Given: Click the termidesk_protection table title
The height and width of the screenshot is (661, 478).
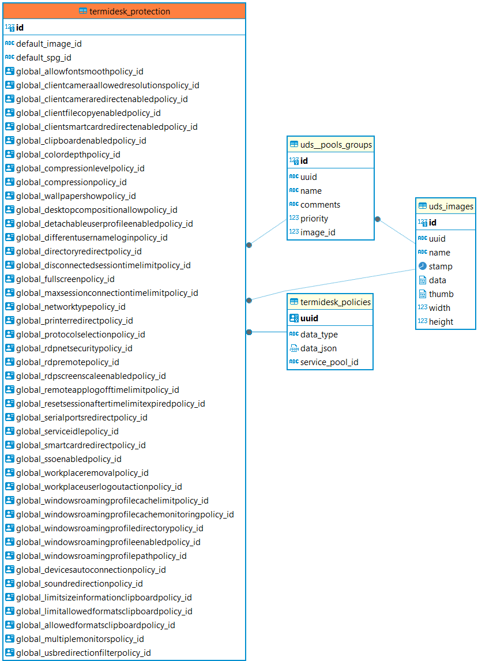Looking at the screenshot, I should (x=130, y=12).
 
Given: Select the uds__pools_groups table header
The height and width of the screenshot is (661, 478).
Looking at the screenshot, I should (x=336, y=145).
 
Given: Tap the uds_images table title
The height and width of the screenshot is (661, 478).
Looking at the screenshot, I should (x=451, y=206).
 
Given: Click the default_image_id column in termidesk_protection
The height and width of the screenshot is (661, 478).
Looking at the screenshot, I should (x=48, y=44).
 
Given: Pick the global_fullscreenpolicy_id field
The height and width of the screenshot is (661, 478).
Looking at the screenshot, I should (x=65, y=279).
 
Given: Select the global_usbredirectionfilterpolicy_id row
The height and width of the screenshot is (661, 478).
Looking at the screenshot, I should (x=83, y=653).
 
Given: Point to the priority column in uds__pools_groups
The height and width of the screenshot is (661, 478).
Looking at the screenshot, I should (x=314, y=219).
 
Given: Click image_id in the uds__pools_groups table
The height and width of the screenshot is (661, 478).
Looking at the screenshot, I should (x=318, y=232).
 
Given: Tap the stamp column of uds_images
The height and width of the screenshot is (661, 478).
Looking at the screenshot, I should (x=441, y=266).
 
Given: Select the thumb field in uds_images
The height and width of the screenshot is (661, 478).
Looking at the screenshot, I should (x=441, y=294).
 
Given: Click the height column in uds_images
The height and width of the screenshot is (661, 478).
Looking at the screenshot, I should (x=441, y=322).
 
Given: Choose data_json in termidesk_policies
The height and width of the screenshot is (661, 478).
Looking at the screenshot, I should (x=318, y=348).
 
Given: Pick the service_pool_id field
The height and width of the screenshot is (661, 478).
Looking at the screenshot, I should (x=329, y=362).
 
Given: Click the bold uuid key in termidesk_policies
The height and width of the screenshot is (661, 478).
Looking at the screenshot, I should (x=309, y=318).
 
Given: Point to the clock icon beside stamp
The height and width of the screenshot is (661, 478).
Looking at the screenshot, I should (x=422, y=266).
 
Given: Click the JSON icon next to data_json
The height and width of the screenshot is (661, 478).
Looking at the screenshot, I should (x=293, y=348).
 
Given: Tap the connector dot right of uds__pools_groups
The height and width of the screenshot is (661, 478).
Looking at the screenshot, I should (x=378, y=219).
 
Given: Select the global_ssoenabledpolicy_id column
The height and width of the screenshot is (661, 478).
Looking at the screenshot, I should (x=69, y=459).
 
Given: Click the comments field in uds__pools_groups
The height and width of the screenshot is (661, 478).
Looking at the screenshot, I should (x=320, y=205).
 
